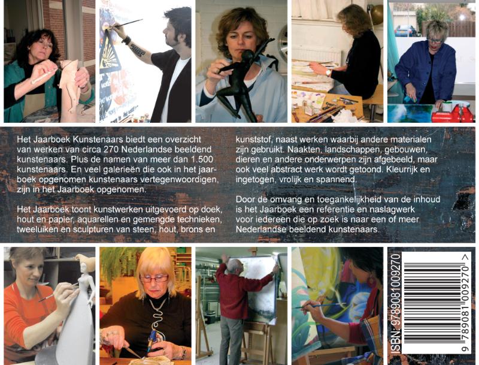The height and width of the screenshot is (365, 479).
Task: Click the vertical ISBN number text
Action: [395, 304]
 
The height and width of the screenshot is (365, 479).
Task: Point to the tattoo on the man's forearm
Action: [137, 50]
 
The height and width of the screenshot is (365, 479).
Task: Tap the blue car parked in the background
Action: [405, 31]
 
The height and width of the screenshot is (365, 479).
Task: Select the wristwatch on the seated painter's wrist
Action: [328, 73]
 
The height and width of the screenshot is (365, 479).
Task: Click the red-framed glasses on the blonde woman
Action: [154, 278]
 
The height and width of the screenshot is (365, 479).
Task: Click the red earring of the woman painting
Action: [371, 282]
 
